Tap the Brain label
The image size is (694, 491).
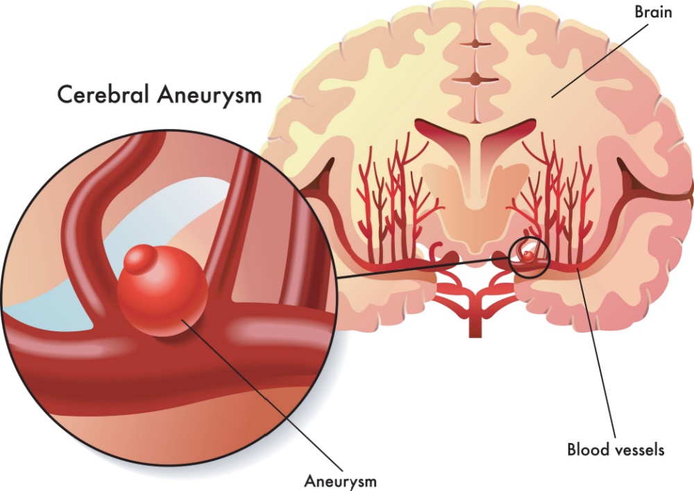653,12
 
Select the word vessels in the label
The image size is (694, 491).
637,450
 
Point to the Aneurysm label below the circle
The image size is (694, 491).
340,481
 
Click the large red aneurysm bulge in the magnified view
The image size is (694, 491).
162,292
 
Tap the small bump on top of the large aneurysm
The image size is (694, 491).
140,259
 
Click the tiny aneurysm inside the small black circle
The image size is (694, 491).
527,256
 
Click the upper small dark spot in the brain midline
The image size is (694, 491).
475,44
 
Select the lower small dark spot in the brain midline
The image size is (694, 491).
475,80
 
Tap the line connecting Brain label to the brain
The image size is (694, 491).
600,60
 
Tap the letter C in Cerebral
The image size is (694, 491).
65,94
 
